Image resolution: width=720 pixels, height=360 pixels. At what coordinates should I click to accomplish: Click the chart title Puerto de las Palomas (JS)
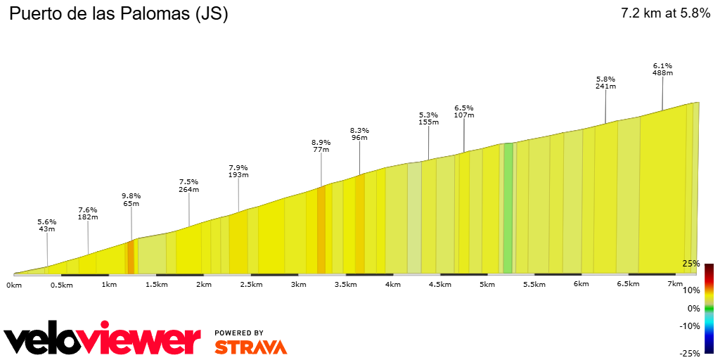[118, 14]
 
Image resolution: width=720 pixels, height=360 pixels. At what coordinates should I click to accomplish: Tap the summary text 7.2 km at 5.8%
[665, 13]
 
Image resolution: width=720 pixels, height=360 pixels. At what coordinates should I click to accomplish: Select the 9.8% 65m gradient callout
[131, 200]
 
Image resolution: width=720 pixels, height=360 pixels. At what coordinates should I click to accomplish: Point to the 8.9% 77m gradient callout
[321, 146]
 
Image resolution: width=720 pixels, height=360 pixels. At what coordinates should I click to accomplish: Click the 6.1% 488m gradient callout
[662, 69]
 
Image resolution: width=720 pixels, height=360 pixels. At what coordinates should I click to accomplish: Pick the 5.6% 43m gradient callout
[47, 226]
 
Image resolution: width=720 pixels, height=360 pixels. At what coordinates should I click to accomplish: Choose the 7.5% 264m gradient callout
[188, 186]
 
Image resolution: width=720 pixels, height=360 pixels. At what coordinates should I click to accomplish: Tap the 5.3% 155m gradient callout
[428, 118]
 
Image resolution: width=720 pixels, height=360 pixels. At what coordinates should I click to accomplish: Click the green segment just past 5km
[508, 208]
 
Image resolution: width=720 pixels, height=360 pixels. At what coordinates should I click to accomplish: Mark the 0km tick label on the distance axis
[14, 285]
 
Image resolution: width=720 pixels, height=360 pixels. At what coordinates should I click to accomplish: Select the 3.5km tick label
[345, 285]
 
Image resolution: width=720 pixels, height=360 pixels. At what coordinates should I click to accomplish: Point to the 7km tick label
[674, 284]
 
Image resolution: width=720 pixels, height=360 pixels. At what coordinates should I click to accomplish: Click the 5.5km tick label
[534, 285]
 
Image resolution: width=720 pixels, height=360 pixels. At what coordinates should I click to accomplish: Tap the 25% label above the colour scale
[691, 264]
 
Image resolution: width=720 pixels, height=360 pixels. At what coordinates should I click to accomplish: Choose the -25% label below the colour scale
[690, 353]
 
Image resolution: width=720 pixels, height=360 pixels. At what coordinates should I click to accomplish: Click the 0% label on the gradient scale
[693, 308]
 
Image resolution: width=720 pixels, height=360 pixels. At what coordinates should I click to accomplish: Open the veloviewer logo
[103, 340]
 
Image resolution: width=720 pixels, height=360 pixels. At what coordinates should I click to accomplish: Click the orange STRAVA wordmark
[250, 347]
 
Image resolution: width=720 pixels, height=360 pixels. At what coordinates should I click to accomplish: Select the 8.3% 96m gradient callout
[359, 134]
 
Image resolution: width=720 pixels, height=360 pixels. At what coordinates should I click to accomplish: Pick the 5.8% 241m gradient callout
[605, 83]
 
